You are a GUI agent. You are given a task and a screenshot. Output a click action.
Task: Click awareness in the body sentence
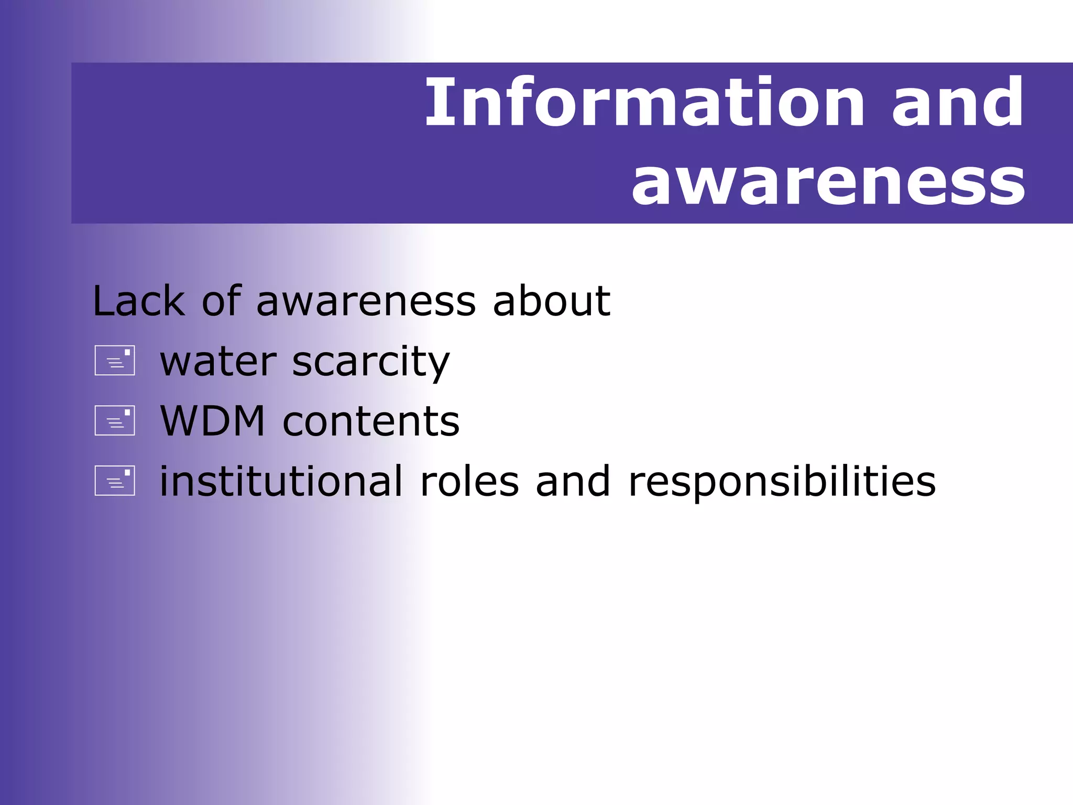pos(366,303)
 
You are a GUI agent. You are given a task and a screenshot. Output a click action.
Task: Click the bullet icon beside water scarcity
pos(115,361)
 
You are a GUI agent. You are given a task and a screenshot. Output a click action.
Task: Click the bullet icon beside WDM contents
pos(115,420)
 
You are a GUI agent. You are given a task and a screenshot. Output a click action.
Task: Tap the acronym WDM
pos(213,421)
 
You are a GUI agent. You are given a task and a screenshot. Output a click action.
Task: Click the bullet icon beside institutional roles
pos(115,481)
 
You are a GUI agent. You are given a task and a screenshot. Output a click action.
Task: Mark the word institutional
pos(281,481)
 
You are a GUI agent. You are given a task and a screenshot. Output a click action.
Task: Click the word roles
pos(469,482)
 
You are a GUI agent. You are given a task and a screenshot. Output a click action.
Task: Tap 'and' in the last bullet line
pos(573,482)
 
